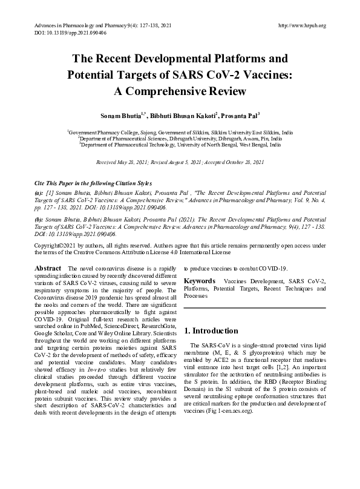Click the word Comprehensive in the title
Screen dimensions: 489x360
pyautogui.click(x=189, y=92)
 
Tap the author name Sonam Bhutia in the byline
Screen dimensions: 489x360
pyautogui.click(x=124, y=114)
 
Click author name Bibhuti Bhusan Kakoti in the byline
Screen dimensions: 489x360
pyautogui.click(x=181, y=114)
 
